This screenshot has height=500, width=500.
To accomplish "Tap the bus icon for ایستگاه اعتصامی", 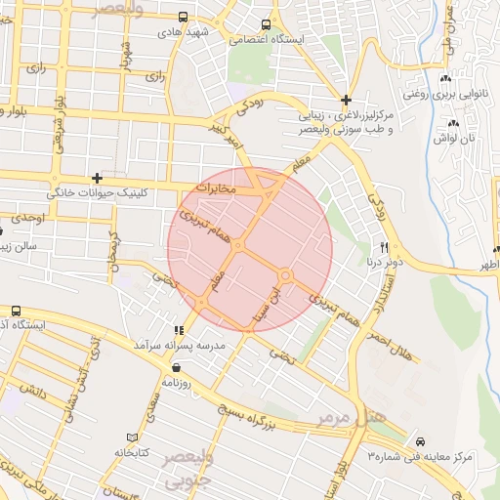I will click(x=266, y=25).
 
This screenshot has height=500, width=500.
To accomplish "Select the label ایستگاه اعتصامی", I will click(x=266, y=41).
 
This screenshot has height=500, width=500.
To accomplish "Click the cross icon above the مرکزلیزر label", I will click(x=346, y=99).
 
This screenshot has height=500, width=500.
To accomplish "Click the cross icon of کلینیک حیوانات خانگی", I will click(x=96, y=178).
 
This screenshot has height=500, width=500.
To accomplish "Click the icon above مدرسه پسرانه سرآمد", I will click(x=178, y=331).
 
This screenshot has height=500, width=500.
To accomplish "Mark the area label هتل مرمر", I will click(x=351, y=417).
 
